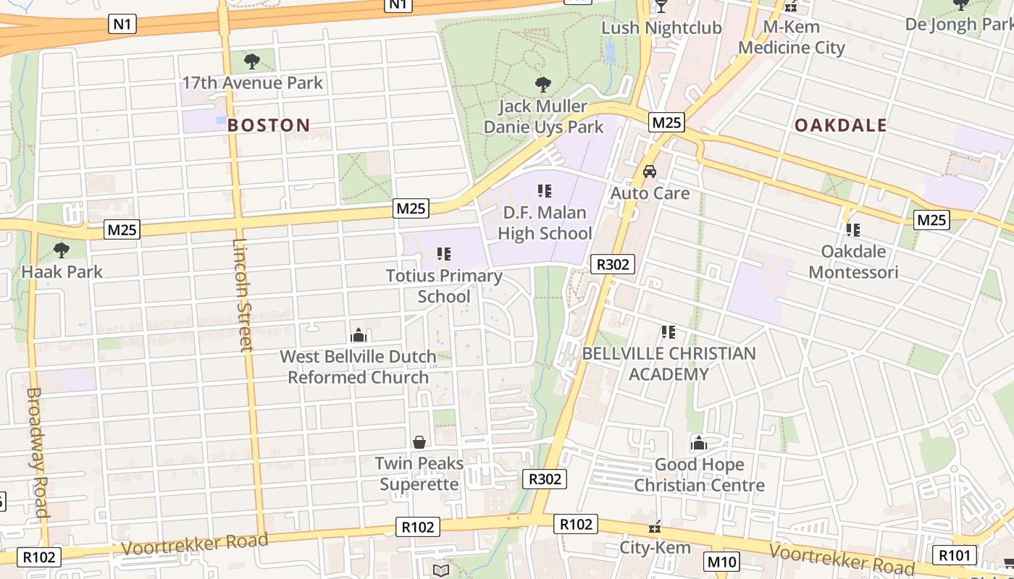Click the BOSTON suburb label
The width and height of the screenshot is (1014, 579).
[269, 125]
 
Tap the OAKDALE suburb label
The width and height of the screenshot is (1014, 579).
[840, 125]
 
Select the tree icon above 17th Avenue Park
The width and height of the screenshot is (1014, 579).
[252, 61]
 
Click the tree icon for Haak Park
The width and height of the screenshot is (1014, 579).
[62, 250]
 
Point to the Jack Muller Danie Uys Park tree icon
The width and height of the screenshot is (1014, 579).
[542, 85]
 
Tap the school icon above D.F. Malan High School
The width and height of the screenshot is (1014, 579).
[545, 191]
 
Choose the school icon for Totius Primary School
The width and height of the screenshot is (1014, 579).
[444, 254]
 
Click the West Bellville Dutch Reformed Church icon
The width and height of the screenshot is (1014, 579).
[358, 335]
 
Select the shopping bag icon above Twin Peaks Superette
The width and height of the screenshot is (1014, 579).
[419, 441]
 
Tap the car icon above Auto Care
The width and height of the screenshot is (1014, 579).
[650, 172]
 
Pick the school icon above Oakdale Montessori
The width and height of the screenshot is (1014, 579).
[853, 230]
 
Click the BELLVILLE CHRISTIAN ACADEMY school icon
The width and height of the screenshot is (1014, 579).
[669, 332]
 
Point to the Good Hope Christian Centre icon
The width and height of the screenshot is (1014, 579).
[699, 443]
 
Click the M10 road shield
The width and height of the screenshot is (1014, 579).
[721, 562]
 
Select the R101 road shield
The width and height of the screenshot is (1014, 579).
[955, 555]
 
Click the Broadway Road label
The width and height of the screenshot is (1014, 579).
[38, 452]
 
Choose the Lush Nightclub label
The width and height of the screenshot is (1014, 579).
[662, 28]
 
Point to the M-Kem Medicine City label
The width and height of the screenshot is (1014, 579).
[792, 38]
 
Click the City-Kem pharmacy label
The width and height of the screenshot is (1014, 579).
[655, 547]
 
